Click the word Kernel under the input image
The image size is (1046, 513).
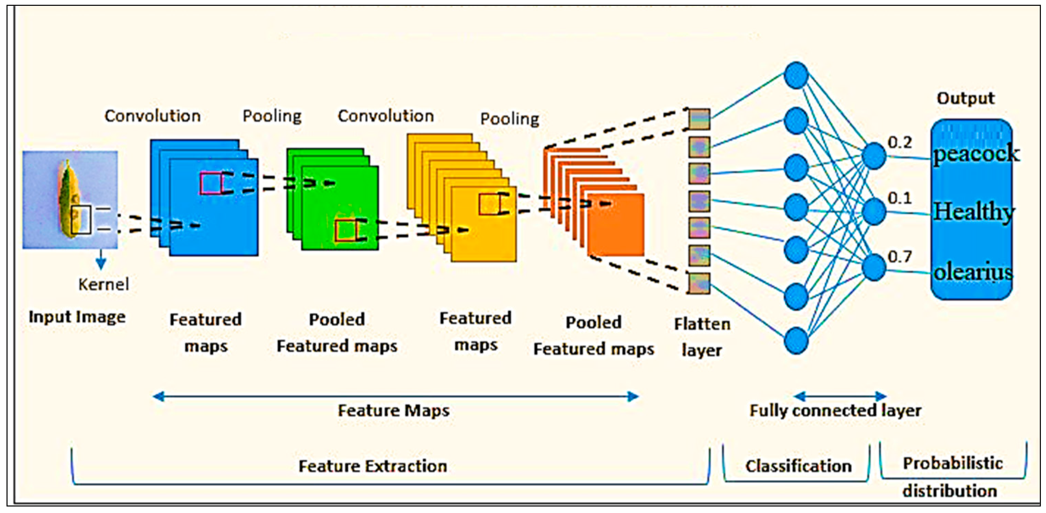click(x=103, y=284)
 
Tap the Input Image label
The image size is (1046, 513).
click(x=77, y=317)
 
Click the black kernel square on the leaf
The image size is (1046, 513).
click(x=81, y=220)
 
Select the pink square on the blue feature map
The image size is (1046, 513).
click(x=211, y=183)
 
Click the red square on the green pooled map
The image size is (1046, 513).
click(x=345, y=231)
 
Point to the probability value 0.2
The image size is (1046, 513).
click(x=899, y=142)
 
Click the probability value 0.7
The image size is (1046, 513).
click(x=899, y=257)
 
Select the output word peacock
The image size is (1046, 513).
click(x=975, y=154)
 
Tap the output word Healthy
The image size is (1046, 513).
click(x=973, y=212)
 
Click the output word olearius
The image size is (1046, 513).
click(x=972, y=272)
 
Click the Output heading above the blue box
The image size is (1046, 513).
click(x=965, y=98)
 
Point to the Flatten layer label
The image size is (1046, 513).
click(x=702, y=337)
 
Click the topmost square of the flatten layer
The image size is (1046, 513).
click(x=699, y=119)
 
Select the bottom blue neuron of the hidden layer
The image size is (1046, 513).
click(x=796, y=341)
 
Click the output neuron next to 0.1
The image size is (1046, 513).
click(x=873, y=211)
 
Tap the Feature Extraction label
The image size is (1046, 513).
click(x=373, y=466)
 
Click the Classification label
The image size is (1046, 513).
click(x=798, y=466)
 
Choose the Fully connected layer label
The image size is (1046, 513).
click(x=835, y=410)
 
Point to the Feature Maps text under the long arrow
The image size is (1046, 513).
click(x=393, y=410)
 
